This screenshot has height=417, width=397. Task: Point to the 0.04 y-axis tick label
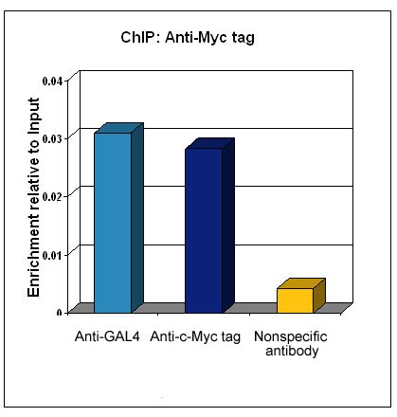point(55,80)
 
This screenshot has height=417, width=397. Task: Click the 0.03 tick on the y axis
point(55,138)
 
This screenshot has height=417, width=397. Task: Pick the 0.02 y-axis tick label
point(55,196)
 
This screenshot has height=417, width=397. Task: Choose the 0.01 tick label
point(55,254)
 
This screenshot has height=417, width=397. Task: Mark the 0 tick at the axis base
point(61,311)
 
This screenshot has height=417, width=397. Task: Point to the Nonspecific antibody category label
point(291,345)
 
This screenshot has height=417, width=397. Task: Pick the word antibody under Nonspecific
point(292,353)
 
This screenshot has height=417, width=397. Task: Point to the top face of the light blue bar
point(118,128)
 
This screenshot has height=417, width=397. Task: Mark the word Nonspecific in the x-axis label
point(291,337)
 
